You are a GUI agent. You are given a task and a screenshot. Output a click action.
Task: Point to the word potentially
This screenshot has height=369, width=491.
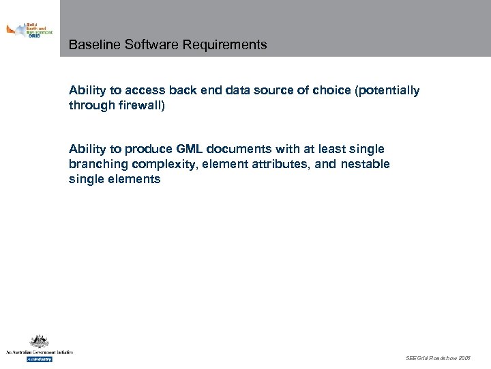click(x=387, y=91)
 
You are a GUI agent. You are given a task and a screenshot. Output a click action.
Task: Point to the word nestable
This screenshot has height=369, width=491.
click(x=364, y=165)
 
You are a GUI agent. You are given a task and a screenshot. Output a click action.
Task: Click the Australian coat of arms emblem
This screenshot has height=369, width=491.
click(x=38, y=342)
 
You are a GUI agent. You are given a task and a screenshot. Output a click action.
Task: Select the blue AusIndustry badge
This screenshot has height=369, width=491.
click(x=39, y=359)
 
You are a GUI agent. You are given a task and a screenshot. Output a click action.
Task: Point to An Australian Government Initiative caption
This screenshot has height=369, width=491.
click(x=39, y=352)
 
